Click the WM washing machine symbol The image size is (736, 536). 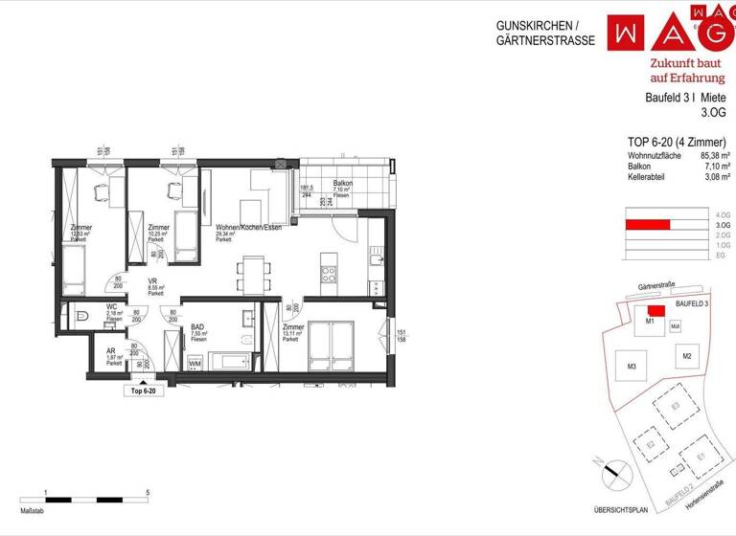coord(195,364)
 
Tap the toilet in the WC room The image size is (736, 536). coord(80,314)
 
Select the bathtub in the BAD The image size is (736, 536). coord(230,362)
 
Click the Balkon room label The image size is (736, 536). coord(342,184)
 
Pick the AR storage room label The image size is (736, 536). coord(111,351)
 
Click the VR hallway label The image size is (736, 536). coord(152,280)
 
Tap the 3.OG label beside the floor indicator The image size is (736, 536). coord(722,226)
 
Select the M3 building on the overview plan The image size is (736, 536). coord(632,368)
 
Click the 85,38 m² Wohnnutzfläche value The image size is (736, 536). coord(712,155)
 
